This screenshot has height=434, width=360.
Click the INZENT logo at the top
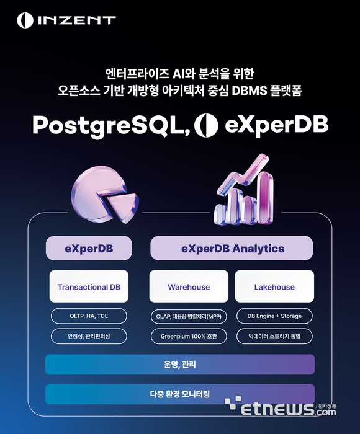[66, 20]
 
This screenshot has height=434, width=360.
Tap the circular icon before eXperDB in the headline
[205, 125]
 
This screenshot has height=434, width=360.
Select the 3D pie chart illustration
[105, 192]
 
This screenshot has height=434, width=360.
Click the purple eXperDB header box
[89, 249]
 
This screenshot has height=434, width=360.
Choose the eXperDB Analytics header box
[232, 249]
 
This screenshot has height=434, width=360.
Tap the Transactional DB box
[89, 287]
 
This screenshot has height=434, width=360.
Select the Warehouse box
[189, 287]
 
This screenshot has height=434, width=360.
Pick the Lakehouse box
[274, 287]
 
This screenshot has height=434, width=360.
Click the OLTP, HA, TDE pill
[89, 316]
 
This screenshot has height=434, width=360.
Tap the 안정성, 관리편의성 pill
[89, 337]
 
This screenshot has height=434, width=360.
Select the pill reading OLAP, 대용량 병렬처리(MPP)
[189, 316]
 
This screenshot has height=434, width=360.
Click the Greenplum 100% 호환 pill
[189, 337]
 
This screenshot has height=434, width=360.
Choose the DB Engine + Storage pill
[274, 316]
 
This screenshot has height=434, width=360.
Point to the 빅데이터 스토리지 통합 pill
[274, 337]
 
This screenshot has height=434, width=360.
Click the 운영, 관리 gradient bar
[180, 365]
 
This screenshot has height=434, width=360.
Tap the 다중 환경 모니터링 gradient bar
[180, 394]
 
